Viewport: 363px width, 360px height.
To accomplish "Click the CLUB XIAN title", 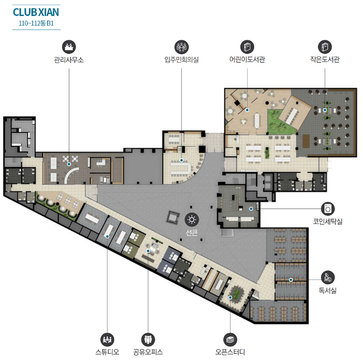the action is pos(36,12).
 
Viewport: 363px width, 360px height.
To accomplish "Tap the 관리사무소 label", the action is pos(69,60).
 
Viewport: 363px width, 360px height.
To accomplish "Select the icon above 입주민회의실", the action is pos(182,47).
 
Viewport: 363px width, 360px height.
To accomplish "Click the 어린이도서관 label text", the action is pos(247,59).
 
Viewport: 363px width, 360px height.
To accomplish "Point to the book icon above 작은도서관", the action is pos(325,47).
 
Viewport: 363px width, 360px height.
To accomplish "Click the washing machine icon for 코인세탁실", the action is pos(328,209).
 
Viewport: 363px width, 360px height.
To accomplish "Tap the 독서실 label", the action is pos(328,291).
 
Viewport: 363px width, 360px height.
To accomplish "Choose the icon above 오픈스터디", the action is pos(230,340).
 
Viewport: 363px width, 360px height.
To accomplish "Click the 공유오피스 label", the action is pos(148,352).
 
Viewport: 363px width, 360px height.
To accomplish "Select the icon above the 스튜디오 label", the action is pos(107,340).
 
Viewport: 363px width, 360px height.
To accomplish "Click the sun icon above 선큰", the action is pos(192,219).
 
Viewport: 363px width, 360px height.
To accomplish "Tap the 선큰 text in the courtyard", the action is pos(192,233).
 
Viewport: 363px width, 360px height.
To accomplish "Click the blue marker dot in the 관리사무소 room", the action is pos(69,164).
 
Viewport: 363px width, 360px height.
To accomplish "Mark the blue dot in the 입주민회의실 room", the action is pos(182,160).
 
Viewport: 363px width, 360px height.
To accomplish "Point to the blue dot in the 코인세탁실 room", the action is pos(251,209).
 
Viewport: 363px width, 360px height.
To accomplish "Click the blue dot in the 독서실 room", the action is pos(291,280).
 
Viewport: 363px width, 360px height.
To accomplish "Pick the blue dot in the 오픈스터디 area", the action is pos(230,297).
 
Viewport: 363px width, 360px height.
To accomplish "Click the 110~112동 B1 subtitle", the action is pos(36,23).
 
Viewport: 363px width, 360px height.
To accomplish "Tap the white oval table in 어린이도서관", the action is pos(257,121).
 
